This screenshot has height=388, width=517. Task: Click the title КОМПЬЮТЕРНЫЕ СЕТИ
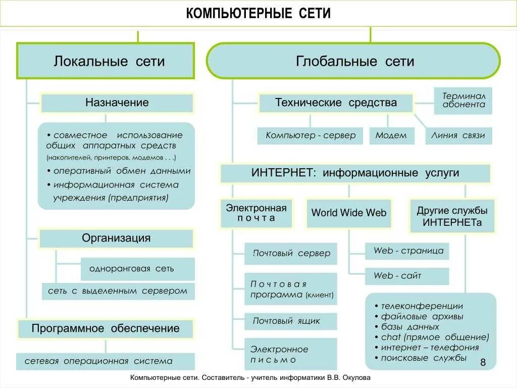(x=258, y=13)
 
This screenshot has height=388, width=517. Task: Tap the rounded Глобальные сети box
(x=354, y=61)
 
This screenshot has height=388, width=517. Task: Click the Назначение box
(x=117, y=103)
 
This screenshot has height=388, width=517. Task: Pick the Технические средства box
(x=336, y=103)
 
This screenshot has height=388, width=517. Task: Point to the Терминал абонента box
(x=463, y=100)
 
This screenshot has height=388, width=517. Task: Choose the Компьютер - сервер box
(x=311, y=135)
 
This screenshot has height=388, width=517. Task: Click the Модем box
(x=391, y=135)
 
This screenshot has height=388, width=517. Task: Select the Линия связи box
(x=458, y=135)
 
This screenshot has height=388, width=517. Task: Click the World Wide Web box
(x=349, y=213)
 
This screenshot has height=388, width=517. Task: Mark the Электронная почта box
(x=256, y=213)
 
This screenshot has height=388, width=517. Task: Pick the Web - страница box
(x=408, y=251)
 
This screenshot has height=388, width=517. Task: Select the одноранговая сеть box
(x=137, y=269)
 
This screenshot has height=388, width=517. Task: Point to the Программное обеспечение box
(x=106, y=329)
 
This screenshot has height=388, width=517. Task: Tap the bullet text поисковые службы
(x=424, y=358)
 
